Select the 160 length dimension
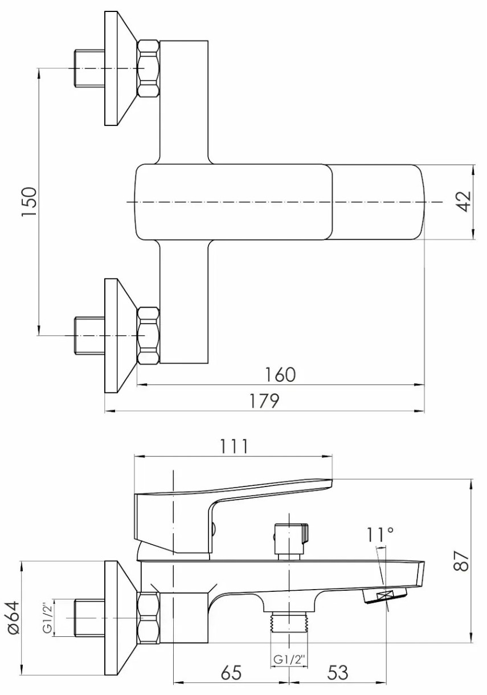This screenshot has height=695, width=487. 280,374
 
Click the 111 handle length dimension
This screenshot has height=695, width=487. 234,446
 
